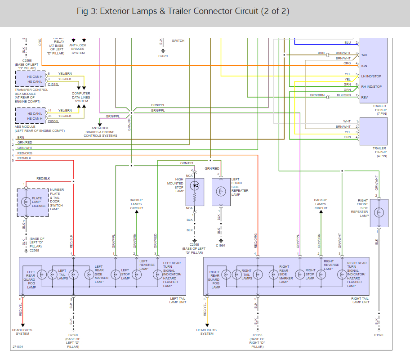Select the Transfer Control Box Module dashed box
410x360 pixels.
tap(31, 79)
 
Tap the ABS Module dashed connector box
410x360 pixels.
tap(31, 116)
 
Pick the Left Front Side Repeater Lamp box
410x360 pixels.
tap(220, 191)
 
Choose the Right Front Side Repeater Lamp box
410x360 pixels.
tap(379, 213)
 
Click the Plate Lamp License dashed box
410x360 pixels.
tap(32, 202)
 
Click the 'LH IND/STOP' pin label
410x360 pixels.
tap(371, 76)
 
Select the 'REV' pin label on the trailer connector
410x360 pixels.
tap(364, 97)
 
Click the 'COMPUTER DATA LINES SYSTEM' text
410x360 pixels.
tap(81, 97)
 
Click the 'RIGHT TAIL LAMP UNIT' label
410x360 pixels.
tap(360, 300)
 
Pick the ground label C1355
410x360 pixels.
tap(257, 335)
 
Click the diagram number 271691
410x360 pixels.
tap(18, 347)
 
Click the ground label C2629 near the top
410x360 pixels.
tap(163, 56)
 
